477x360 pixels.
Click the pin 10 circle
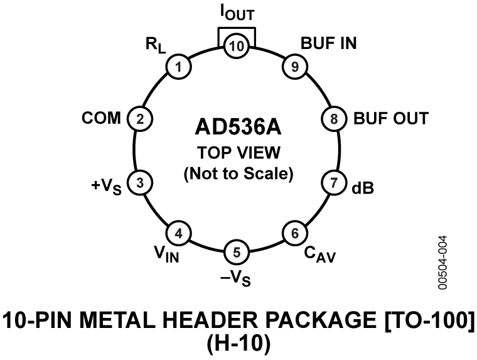237,46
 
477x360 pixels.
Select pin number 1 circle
180,67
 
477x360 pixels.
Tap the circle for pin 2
141,117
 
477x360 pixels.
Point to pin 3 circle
141,183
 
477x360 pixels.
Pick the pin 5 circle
237,253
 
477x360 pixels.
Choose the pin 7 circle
333,183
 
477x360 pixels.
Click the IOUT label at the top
237,13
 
